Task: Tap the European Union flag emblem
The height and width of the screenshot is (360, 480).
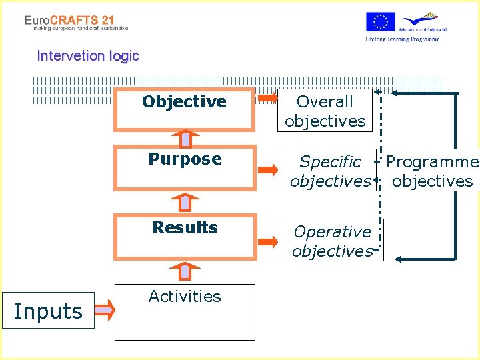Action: [380, 22]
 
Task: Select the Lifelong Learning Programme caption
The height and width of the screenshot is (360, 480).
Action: [402, 39]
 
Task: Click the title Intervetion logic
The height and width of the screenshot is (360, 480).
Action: [88, 56]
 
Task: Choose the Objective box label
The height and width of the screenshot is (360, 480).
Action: [184, 102]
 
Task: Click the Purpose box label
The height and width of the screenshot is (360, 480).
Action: [185, 159]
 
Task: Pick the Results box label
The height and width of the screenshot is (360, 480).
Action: [185, 227]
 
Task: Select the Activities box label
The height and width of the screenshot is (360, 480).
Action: [185, 297]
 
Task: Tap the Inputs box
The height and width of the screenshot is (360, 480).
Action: [48, 311]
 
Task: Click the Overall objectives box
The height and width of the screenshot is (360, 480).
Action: [325, 111]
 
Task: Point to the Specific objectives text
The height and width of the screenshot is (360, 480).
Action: [330, 171]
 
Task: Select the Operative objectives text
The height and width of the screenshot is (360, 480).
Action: [332, 241]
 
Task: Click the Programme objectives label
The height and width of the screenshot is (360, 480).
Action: [432, 171]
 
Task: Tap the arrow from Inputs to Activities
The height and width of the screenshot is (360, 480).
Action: [105, 308]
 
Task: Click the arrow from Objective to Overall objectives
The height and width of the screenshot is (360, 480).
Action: [267, 99]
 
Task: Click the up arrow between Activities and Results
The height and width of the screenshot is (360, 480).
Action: [185, 271]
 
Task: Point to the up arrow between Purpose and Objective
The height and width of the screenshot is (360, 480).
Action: [185, 138]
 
